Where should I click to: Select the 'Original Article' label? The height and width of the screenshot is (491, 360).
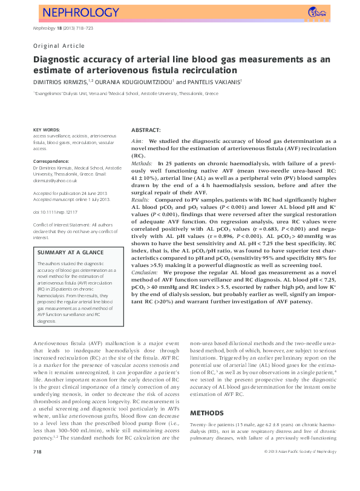59,45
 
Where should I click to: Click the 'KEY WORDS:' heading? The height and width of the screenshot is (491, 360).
47,130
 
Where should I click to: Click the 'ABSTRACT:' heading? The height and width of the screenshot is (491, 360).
146,130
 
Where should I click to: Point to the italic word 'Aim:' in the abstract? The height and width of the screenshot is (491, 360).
137,140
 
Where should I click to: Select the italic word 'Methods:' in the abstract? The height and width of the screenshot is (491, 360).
142,164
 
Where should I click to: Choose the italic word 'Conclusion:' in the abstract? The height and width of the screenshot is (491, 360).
146,256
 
